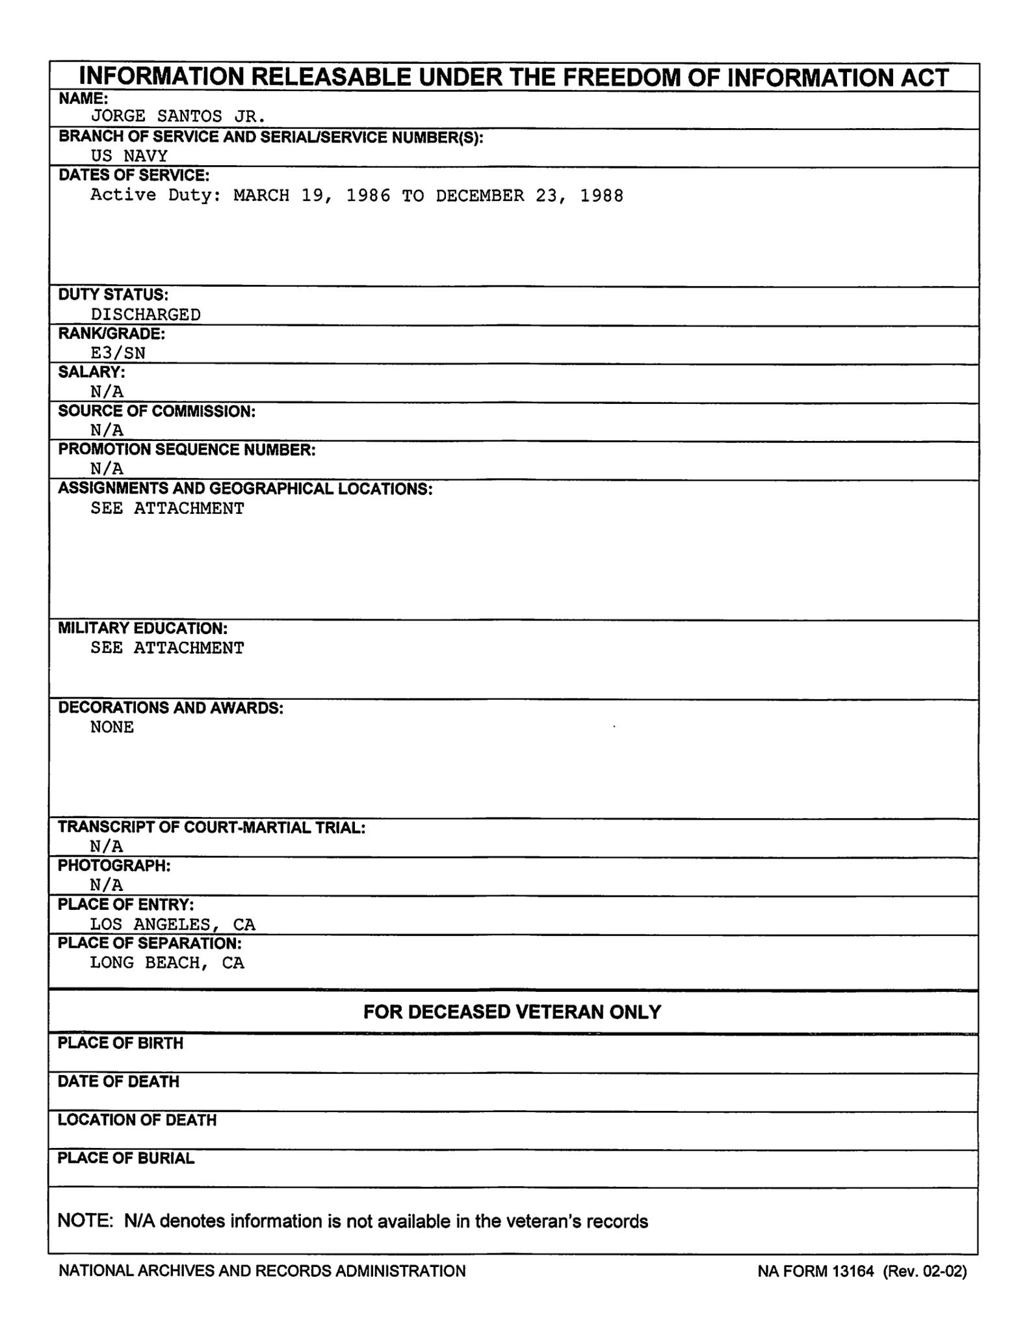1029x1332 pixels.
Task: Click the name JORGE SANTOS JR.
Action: [177, 117]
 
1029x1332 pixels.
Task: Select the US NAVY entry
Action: [129, 156]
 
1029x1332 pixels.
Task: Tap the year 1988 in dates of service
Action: [601, 196]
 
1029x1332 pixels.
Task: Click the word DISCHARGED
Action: [146, 315]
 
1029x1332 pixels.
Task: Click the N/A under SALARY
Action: [107, 392]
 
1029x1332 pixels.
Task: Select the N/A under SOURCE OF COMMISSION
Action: [107, 430]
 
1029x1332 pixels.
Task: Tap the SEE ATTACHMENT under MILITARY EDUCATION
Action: [167, 648]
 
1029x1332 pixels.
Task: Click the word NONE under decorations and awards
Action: [112, 727]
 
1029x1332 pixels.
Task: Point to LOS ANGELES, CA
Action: [172, 924]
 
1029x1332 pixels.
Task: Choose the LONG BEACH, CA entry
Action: [167, 963]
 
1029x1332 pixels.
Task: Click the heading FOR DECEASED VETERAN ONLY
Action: [512, 1012]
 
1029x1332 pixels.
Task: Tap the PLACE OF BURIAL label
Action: [126, 1158]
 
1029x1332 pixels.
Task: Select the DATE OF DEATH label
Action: [118, 1082]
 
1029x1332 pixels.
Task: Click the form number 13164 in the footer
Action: [853, 1271]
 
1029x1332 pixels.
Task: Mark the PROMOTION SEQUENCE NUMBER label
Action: [187, 450]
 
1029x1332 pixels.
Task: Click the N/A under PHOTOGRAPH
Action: [107, 885]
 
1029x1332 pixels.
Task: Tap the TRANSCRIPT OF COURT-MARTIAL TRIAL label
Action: [212, 827]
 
